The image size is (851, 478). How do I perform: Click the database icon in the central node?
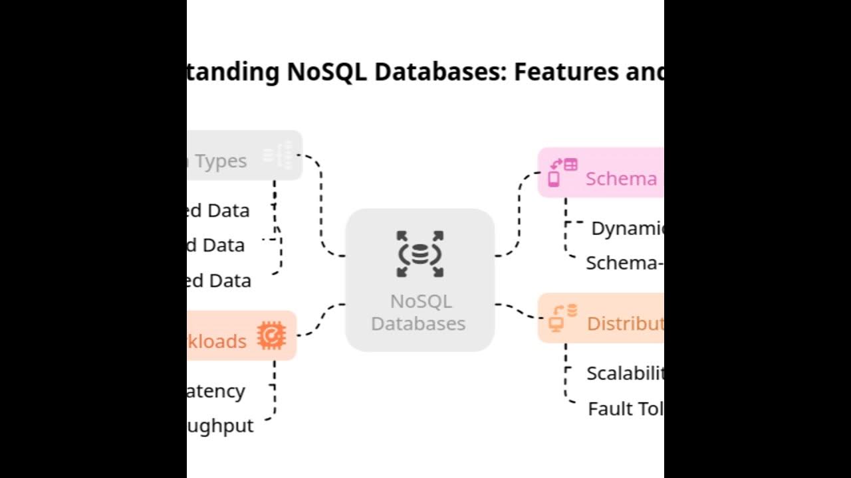coord(420,254)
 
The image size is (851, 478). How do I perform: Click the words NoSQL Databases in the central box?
coord(420,313)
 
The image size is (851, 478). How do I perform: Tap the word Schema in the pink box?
coord(621,178)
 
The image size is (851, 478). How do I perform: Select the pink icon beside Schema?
coord(562,172)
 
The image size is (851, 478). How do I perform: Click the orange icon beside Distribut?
coord(562,318)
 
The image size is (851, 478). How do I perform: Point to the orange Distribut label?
coord(625,323)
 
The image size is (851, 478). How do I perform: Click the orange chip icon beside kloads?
coord(271,335)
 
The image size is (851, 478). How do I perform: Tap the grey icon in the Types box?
coord(277,155)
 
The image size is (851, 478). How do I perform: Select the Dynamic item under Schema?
coord(627,228)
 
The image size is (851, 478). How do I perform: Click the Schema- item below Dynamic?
coord(624,263)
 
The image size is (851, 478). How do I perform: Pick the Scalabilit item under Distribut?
coord(625,373)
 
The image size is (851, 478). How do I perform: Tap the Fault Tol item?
coord(625,408)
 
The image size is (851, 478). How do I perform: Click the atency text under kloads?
coord(215,391)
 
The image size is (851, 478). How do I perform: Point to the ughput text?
coord(220,426)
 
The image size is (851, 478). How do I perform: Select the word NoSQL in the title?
coord(326,71)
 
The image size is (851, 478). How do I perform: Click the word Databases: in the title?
coord(440,71)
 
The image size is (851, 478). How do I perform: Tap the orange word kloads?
coord(217,341)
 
